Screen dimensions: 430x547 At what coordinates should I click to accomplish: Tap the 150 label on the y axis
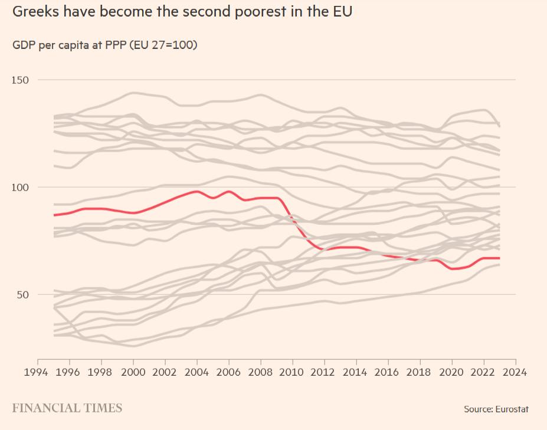click(21, 80)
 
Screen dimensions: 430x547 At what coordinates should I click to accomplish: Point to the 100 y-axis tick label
click(21, 188)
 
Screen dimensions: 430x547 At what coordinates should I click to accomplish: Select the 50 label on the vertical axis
click(23, 295)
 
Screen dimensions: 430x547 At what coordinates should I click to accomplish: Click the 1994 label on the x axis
click(38, 372)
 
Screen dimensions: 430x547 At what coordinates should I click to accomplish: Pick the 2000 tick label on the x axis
click(133, 372)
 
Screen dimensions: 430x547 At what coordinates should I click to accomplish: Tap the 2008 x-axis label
click(261, 372)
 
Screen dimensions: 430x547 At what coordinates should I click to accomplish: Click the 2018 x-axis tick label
click(420, 372)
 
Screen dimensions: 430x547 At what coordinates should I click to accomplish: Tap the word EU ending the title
click(341, 11)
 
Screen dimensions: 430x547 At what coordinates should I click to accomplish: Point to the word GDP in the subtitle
click(24, 45)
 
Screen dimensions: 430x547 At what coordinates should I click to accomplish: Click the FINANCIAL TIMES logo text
click(67, 408)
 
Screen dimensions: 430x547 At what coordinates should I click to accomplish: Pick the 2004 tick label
click(197, 372)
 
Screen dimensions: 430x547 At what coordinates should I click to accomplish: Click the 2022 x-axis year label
click(484, 372)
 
